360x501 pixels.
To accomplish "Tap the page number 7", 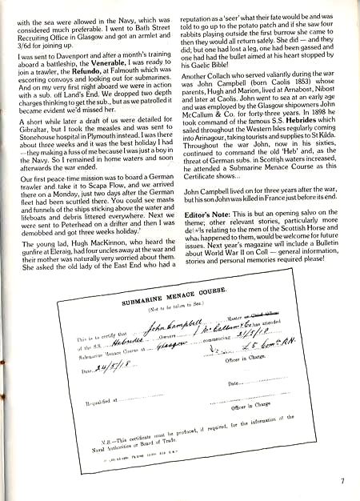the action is [x=342, y=480].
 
